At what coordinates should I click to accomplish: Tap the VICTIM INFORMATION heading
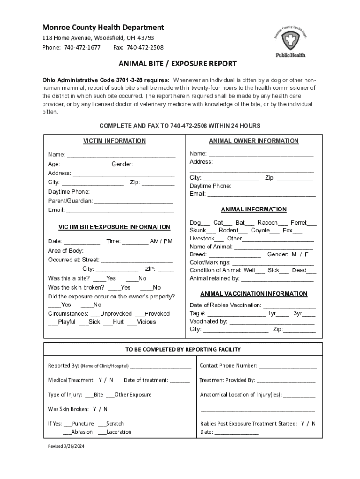coord(115,141)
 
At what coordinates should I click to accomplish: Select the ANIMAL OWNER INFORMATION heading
coord(253,141)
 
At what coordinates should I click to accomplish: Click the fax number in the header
coord(145,47)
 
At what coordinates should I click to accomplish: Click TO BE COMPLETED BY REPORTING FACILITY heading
coord(183,349)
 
